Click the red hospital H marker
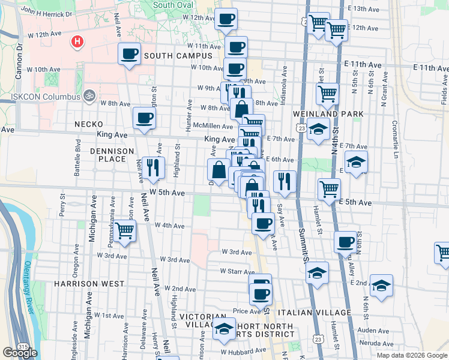click(77, 42)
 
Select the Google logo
click(20, 353)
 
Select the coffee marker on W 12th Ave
click(226, 19)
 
